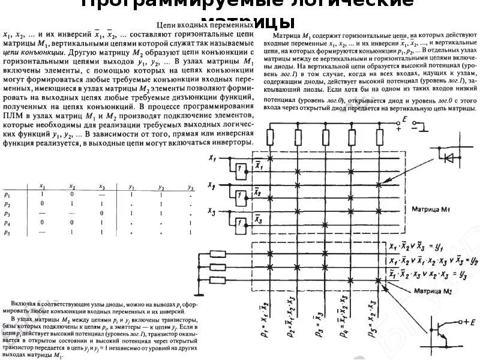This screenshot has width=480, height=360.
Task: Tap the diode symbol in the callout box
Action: click(x=448, y=157)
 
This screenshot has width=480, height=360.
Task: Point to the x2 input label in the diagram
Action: click(x=211, y=186)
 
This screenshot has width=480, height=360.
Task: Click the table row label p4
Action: click(x=7, y=223)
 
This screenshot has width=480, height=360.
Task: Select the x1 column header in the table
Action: click(x=42, y=187)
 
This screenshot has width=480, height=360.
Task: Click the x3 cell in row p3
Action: click(x=101, y=213)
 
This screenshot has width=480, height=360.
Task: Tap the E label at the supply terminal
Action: click(x=405, y=121)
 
